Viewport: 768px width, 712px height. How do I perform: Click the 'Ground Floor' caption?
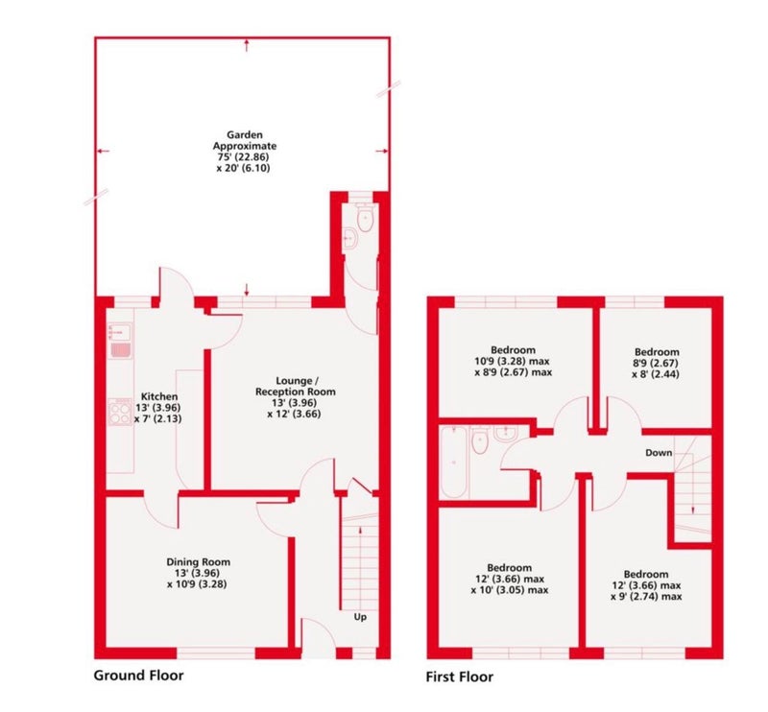click(x=138, y=676)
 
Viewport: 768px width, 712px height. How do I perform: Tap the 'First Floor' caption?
click(x=460, y=676)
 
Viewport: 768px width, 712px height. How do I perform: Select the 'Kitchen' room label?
click(x=159, y=396)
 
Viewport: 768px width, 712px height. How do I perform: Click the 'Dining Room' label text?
click(x=198, y=562)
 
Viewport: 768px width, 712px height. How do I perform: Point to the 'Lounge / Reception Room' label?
click(x=296, y=386)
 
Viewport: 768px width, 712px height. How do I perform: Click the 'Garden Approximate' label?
click(x=245, y=140)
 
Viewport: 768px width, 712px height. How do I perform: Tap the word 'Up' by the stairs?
click(x=360, y=617)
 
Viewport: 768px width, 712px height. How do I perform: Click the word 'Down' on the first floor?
click(x=659, y=453)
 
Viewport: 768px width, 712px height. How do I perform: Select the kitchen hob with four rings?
click(x=119, y=412)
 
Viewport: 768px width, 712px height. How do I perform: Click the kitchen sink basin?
click(x=119, y=332)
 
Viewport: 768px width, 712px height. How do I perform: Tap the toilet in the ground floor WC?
click(x=366, y=218)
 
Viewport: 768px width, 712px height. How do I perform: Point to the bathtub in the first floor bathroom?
click(x=453, y=463)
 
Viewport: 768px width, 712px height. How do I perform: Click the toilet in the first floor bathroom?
click(x=480, y=440)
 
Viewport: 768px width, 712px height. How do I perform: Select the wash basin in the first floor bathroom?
click(x=506, y=433)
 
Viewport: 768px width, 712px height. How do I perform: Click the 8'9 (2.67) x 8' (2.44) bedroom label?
click(x=657, y=363)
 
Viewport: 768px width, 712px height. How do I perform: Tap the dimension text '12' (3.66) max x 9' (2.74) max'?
click(x=646, y=591)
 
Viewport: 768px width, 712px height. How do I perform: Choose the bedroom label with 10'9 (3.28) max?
click(x=513, y=361)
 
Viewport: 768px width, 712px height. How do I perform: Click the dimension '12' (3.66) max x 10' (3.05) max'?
click(x=510, y=584)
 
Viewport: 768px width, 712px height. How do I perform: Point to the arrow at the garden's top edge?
click(x=247, y=46)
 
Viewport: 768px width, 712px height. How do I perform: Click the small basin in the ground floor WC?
click(x=351, y=240)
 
